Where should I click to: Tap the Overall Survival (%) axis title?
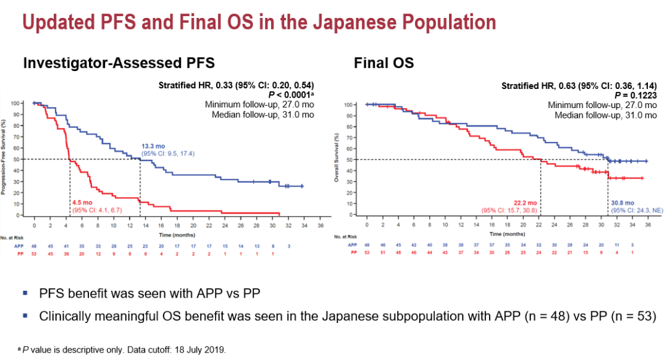pyautogui.click(x=337, y=159)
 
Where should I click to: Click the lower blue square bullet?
pyautogui.click(x=25, y=316)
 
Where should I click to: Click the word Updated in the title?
pyautogui.click(x=56, y=23)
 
